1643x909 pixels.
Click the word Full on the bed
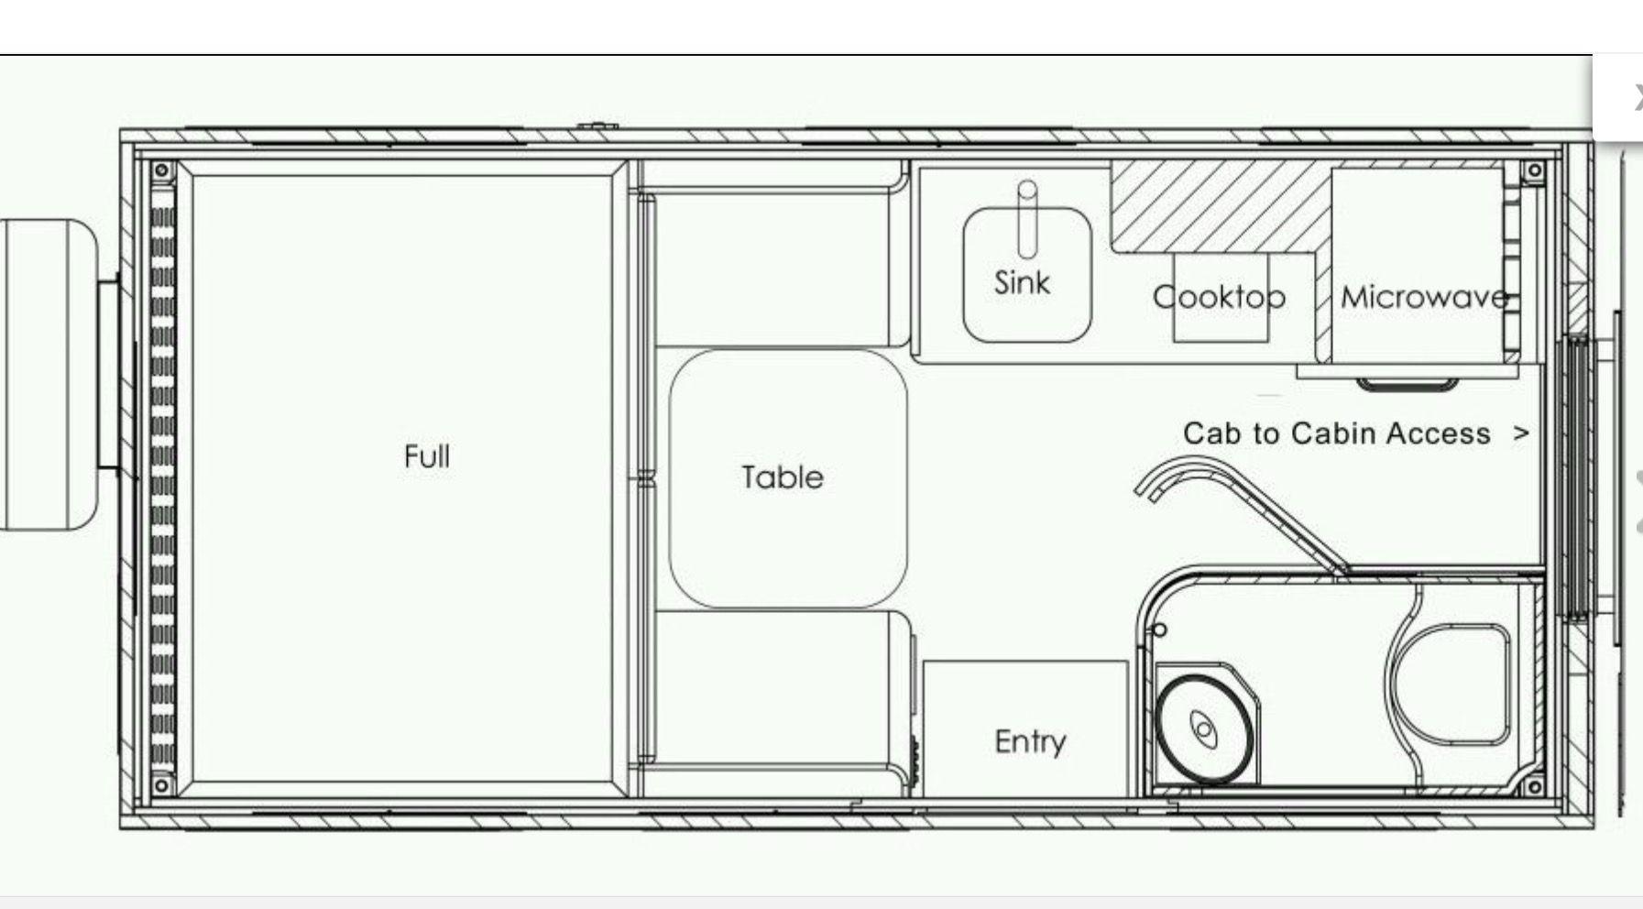[x=427, y=455]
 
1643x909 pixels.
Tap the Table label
[x=783, y=476]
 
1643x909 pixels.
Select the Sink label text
[x=1022, y=282]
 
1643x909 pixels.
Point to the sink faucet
[x=1027, y=219]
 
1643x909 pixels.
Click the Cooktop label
[x=1219, y=296]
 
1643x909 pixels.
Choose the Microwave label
[x=1424, y=296]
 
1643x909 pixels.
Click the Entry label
[x=1030, y=740]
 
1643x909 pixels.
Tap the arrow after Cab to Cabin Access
[x=1521, y=433]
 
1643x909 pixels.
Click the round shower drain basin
[x=1203, y=728]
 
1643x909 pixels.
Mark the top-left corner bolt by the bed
[x=161, y=170]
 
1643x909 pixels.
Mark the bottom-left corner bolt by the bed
[x=161, y=785]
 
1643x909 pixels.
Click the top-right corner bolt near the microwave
[x=1533, y=170]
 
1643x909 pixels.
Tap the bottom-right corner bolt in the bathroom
[x=1533, y=786]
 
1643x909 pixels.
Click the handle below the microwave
[x=1407, y=384]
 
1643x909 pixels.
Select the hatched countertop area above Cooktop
[x=1219, y=209]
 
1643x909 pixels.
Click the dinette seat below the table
[x=779, y=687]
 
